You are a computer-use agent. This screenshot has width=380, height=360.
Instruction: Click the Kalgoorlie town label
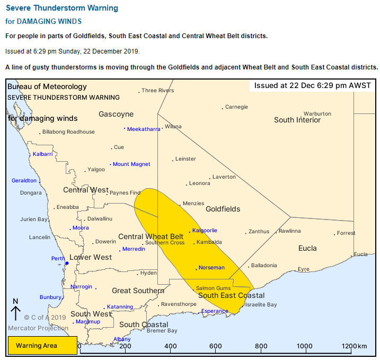coord(205,231)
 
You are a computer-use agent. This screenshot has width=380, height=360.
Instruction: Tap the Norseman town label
coord(211,268)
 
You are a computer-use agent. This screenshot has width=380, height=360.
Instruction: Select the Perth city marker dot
coord(67,263)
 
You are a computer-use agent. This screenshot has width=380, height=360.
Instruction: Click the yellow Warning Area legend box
coord(42,346)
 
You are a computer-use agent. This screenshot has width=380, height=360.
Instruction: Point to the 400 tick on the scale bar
coord(171,346)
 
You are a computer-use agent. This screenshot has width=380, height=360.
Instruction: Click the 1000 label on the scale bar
coord(305,346)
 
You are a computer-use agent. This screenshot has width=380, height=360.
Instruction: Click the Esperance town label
coord(215,311)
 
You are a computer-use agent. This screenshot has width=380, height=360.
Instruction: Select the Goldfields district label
coord(223,209)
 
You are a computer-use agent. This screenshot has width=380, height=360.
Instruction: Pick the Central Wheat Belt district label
coord(151,236)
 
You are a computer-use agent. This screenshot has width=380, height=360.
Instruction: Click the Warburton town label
coord(317,113)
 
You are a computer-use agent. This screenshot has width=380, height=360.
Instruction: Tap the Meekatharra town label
coord(144,129)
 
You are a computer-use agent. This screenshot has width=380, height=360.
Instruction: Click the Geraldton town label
coord(24,181)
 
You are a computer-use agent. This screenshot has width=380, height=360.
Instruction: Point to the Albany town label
coord(122,339)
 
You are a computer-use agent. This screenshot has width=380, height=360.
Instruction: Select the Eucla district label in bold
coord(307,248)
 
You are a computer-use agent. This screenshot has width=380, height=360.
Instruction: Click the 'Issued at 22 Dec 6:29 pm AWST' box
coord(312,86)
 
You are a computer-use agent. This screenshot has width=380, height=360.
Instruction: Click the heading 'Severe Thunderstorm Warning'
coord(61,8)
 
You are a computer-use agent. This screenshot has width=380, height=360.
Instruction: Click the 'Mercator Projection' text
coord(38,328)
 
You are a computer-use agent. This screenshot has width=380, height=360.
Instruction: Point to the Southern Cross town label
coord(165,243)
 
